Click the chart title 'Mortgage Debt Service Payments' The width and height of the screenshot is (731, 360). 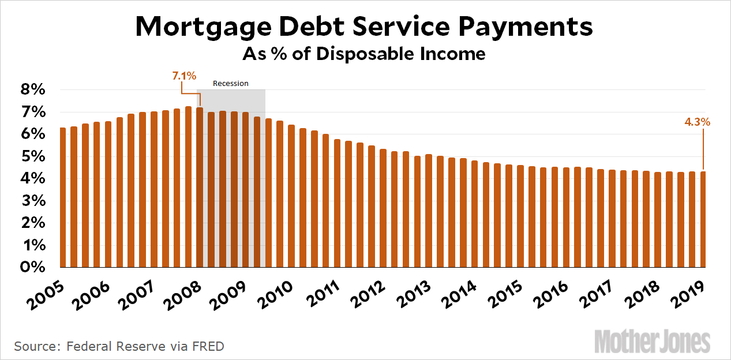(364, 27)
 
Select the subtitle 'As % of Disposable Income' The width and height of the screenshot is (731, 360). (364, 54)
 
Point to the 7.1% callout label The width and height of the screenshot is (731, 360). (184, 76)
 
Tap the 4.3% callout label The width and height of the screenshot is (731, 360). (697, 122)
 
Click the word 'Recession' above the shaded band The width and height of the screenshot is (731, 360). (231, 84)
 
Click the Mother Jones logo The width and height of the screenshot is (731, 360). (652, 342)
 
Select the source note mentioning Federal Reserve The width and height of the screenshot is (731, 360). (119, 347)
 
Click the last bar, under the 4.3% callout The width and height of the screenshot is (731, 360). (703, 219)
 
